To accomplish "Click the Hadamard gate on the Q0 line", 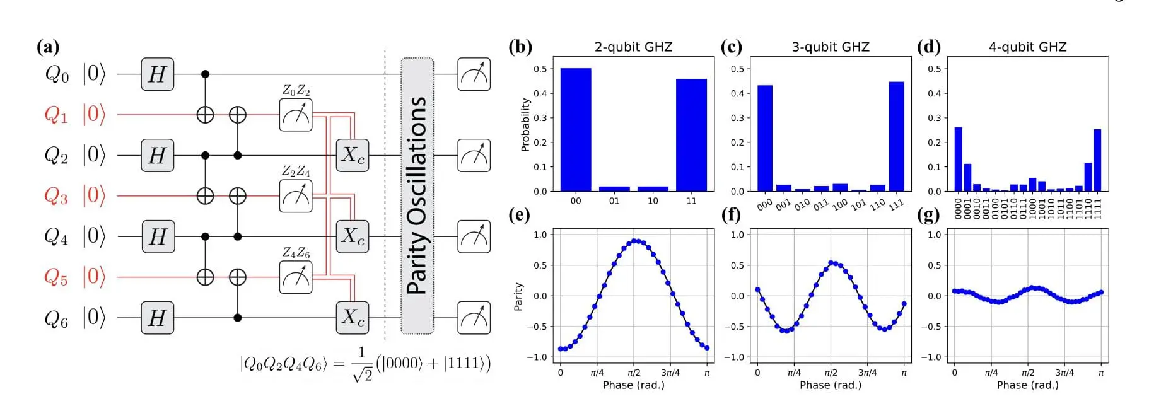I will (x=157, y=74).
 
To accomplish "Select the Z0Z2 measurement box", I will (x=296, y=115).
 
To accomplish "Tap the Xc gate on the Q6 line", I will (x=352, y=318).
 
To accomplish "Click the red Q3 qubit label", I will (x=55, y=196).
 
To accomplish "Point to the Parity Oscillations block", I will (x=417, y=196).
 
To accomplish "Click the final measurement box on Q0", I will (x=474, y=74).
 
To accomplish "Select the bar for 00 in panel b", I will (x=576, y=130).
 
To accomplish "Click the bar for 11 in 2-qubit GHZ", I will (x=691, y=135).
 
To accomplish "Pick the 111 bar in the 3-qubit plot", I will (x=896, y=137).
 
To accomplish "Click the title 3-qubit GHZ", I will (x=831, y=47).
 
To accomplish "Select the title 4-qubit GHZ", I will (x=1027, y=47).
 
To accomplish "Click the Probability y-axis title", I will (x=525, y=125).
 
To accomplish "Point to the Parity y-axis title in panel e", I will (x=518, y=296).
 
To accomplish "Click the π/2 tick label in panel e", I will (x=634, y=373).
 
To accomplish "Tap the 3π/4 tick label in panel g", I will (x=1064, y=373).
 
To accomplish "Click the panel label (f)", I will (x=731, y=215).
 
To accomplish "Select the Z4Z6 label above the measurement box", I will (x=296, y=253).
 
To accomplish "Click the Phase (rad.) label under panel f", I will (x=831, y=385).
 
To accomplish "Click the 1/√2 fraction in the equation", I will (x=362, y=364).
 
